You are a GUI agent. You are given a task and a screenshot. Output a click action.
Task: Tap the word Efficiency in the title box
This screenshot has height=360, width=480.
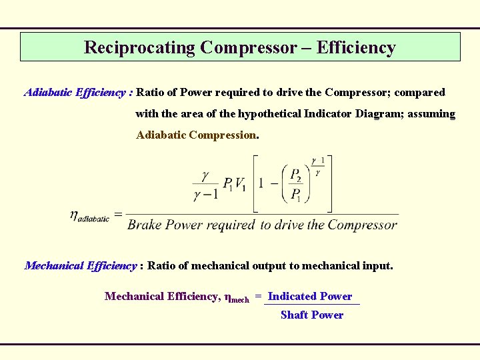(x=356, y=47)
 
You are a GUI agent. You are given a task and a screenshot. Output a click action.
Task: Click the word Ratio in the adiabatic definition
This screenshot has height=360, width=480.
(x=151, y=92)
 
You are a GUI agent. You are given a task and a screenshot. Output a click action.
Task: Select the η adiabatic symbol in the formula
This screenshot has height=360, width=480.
(x=89, y=215)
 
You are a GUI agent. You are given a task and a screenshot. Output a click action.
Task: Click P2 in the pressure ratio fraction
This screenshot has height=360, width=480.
(x=295, y=175)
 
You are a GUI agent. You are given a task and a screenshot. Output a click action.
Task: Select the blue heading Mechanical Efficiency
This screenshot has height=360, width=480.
(x=81, y=265)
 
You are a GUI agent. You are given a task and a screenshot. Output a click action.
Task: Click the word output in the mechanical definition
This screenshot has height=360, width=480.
(x=269, y=265)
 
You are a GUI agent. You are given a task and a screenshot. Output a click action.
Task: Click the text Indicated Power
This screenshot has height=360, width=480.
(x=310, y=296)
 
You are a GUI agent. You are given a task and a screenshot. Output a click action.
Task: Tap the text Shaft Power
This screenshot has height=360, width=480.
(x=312, y=315)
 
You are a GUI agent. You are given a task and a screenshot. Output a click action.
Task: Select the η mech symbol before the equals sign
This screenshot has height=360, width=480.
(x=237, y=297)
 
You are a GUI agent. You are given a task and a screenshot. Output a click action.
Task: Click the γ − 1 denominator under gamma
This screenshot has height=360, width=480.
(x=205, y=195)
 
